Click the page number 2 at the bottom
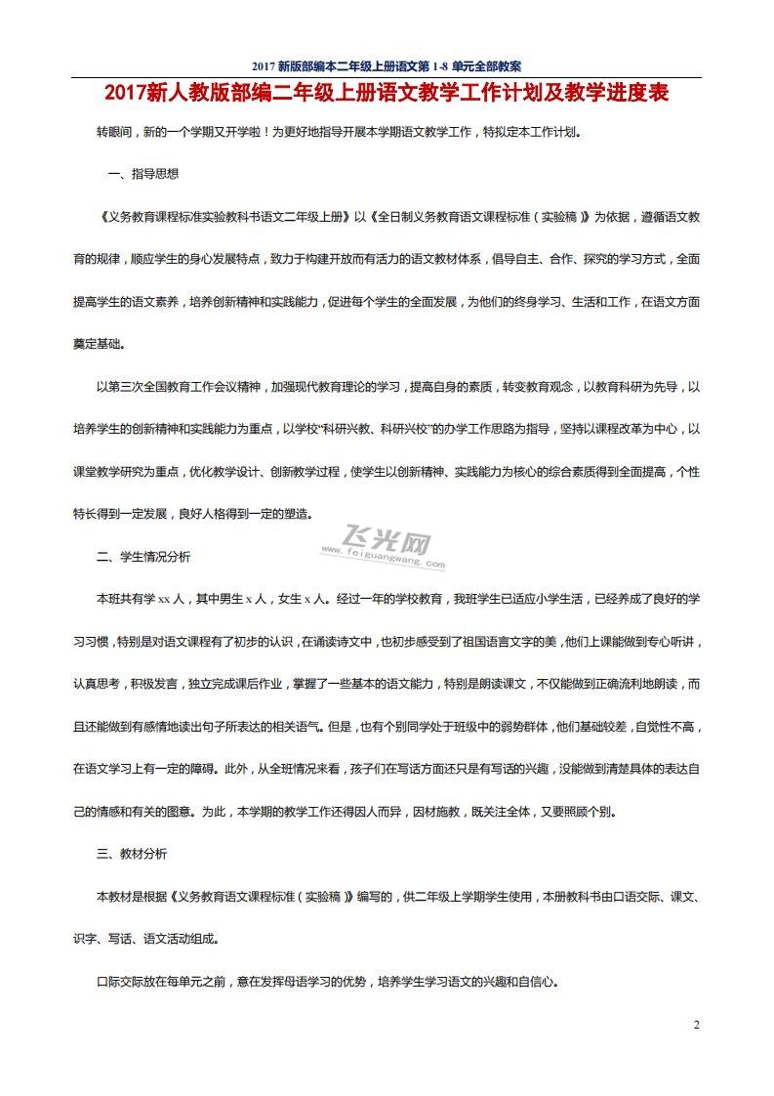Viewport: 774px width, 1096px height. coord(696,1025)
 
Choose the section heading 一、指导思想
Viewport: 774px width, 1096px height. coord(143,174)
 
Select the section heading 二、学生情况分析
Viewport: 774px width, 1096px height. coord(143,557)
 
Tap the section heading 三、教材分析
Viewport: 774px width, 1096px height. coord(132,854)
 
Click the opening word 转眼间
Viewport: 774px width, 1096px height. coord(113,131)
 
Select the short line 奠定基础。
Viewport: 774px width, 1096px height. coord(100,345)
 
